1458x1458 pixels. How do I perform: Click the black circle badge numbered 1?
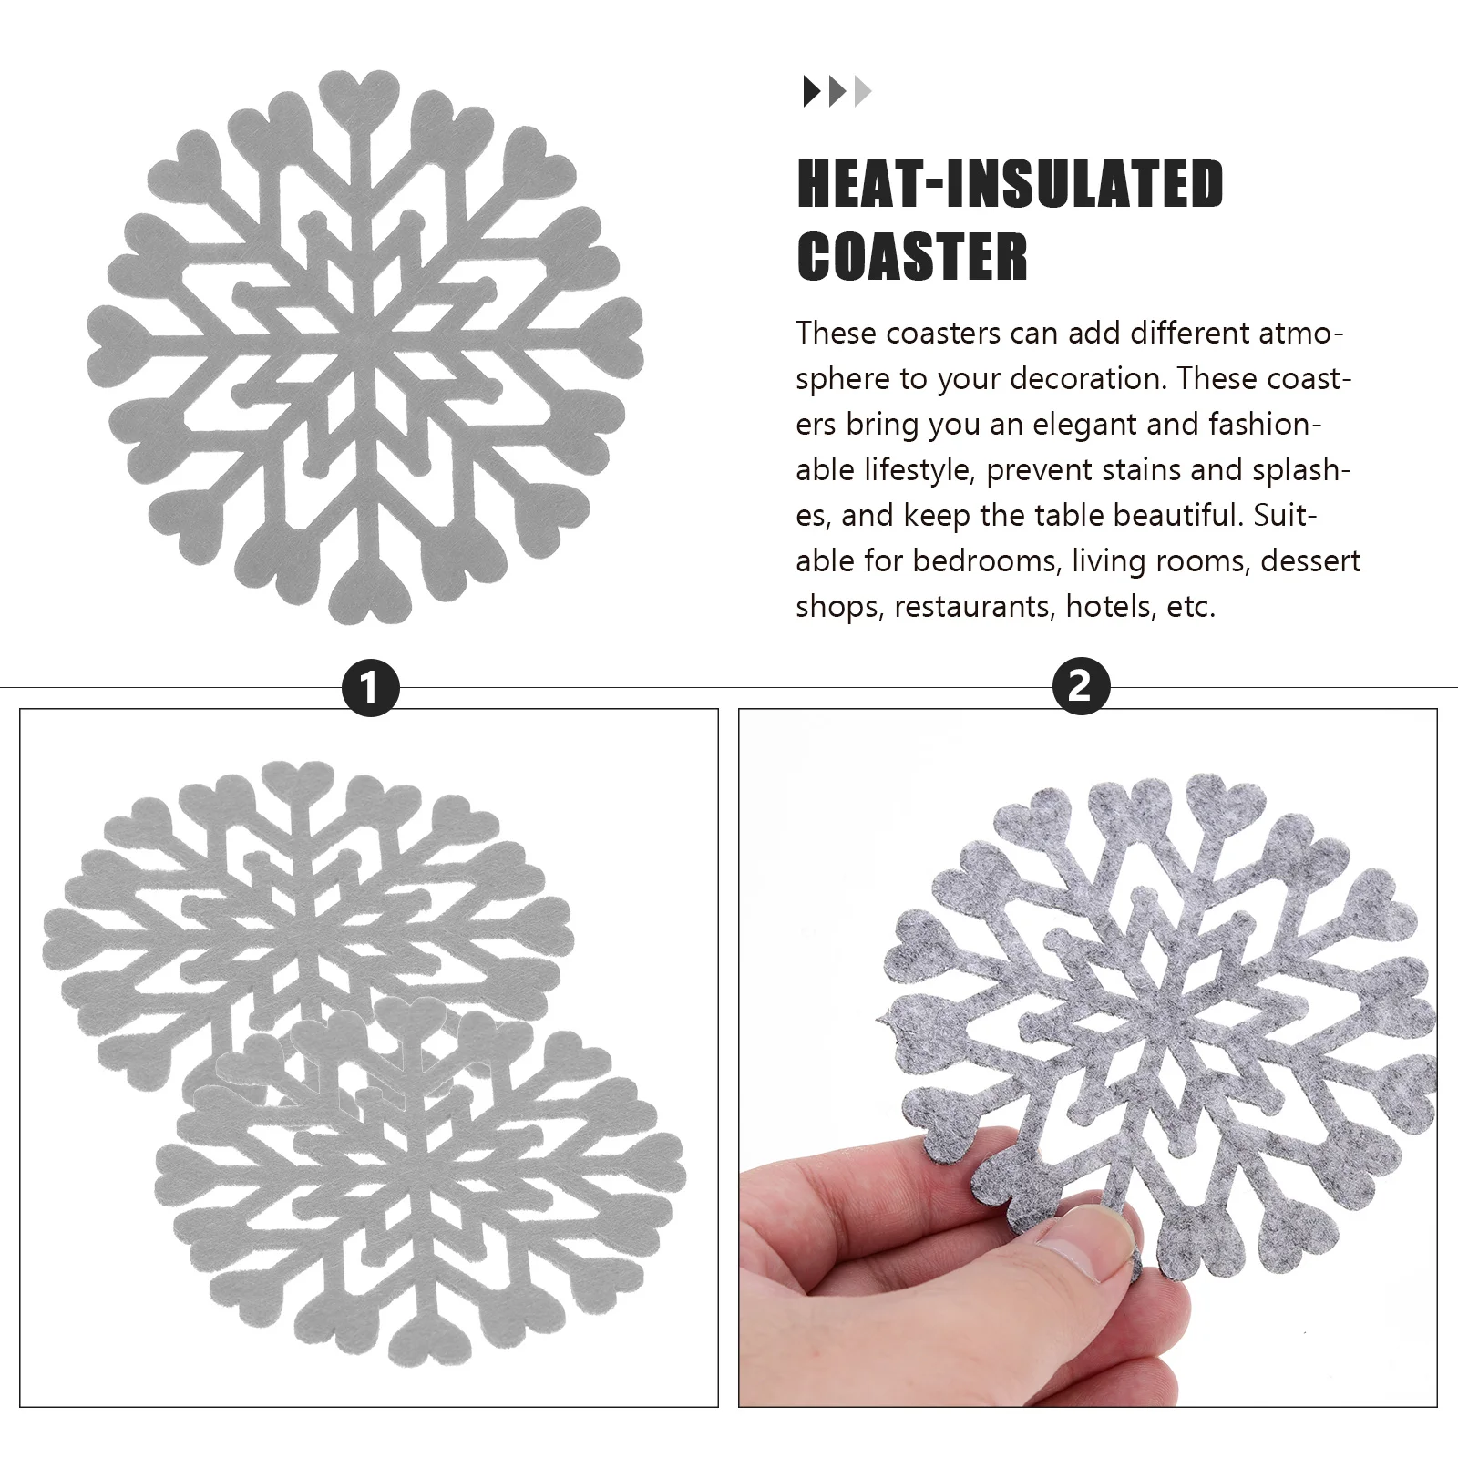pyautogui.click(x=370, y=686)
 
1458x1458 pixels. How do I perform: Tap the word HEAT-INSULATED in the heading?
pyautogui.click(x=1010, y=185)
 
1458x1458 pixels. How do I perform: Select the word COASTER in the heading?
pyautogui.click(x=912, y=257)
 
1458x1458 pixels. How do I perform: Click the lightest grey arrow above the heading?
pyautogui.click(x=863, y=92)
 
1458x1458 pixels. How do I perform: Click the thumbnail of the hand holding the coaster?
pyautogui.click(x=1087, y=1057)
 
